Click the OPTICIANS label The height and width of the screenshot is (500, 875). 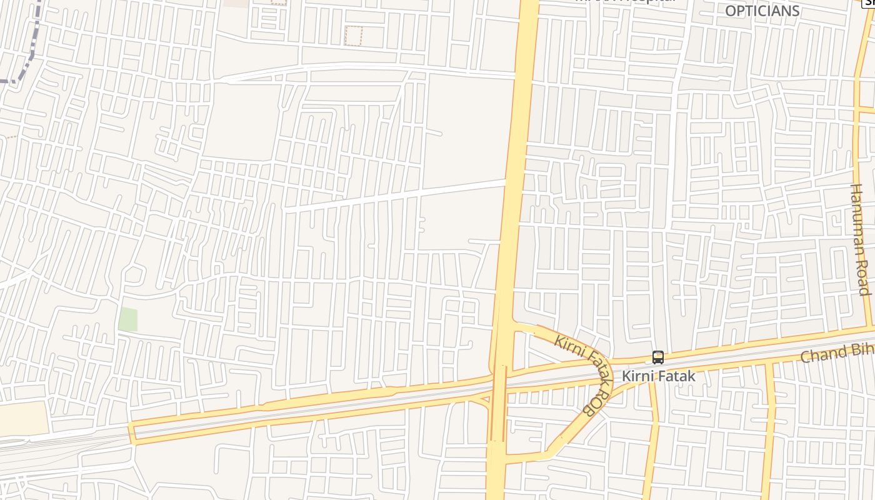[762, 11]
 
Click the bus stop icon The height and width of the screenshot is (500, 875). [657, 357]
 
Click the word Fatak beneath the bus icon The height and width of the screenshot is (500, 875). [676, 376]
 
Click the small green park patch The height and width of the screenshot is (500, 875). [127, 319]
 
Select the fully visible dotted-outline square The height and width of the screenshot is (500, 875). [353, 36]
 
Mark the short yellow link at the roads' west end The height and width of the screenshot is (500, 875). [132, 432]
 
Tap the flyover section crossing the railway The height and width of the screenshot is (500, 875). [498, 400]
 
